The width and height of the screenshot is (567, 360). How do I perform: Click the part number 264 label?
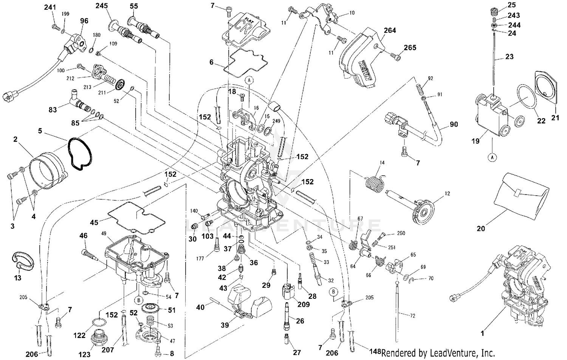390,30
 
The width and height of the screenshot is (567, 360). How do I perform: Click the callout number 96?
84,21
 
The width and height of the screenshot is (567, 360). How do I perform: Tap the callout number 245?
101,6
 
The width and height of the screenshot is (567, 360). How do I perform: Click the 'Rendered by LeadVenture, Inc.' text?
438,353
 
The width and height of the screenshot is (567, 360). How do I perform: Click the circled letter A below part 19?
492,156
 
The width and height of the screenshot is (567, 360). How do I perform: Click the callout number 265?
410,48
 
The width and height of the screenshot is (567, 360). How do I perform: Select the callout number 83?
53,110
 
